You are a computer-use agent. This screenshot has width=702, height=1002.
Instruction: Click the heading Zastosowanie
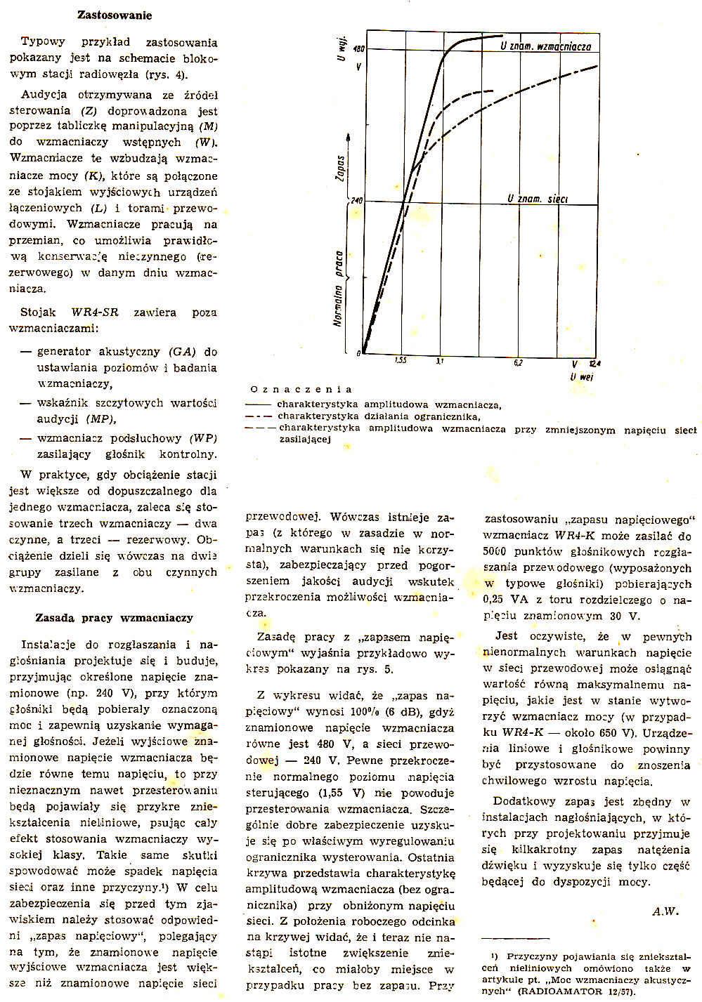[x=114, y=15]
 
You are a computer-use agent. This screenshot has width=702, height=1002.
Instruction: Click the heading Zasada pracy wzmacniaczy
[x=114, y=618]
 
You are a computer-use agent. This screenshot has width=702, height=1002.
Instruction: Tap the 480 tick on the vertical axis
[x=358, y=49]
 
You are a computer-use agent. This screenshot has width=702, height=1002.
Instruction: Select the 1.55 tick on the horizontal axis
[x=400, y=361]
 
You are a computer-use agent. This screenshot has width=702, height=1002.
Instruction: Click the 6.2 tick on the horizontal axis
[x=518, y=362]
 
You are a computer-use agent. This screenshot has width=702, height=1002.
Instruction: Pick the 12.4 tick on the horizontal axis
[x=595, y=363]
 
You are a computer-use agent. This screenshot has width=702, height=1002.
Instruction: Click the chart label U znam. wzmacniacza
[x=545, y=46]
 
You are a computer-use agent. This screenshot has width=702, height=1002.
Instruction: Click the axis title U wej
[x=582, y=376]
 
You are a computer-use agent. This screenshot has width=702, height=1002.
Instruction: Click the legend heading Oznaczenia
[x=301, y=389]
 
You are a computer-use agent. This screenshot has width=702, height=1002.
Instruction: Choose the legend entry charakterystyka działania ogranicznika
[x=379, y=416]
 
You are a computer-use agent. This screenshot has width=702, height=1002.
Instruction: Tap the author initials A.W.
[x=665, y=911]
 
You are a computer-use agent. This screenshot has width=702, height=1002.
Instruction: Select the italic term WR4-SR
[x=94, y=312]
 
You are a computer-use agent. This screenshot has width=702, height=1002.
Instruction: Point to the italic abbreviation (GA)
[x=182, y=352]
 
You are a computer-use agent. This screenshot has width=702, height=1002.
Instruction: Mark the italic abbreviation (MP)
[x=100, y=419]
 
